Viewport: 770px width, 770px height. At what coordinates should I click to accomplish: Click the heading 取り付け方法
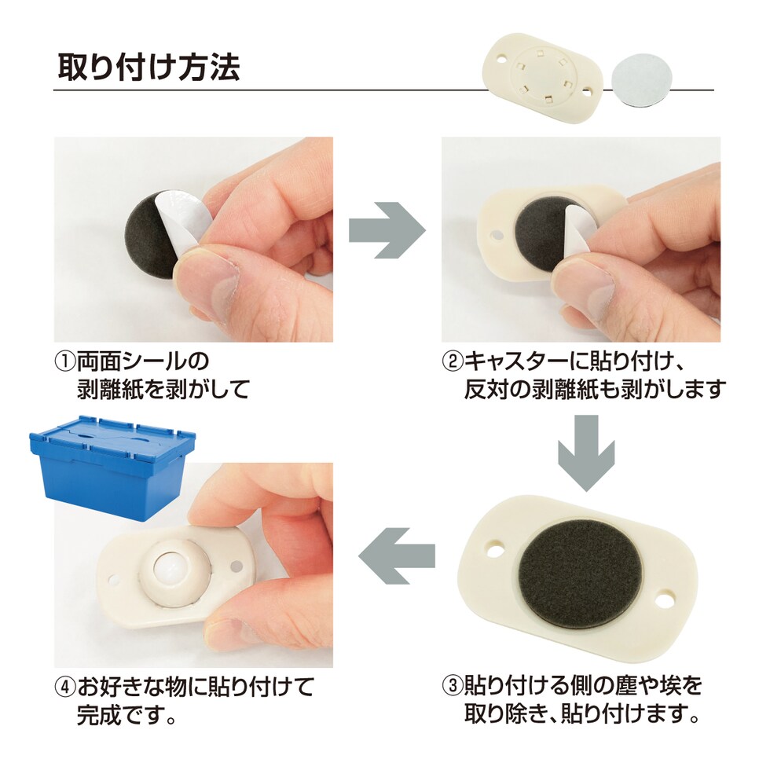coord(148,67)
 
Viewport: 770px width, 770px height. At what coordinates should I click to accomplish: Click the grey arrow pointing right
coord(387,229)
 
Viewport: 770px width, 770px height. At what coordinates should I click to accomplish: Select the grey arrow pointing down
coord(586,453)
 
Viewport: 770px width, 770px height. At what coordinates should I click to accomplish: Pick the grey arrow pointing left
coord(397,556)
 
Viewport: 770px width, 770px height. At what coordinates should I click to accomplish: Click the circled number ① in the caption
coord(64,362)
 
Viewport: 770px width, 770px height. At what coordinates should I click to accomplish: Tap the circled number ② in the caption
coord(453,362)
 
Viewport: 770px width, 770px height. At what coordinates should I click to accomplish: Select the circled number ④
coord(64,687)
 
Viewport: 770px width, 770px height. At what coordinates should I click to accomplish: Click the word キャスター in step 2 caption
coord(515,362)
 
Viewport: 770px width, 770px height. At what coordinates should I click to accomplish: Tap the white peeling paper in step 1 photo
coord(179,216)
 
